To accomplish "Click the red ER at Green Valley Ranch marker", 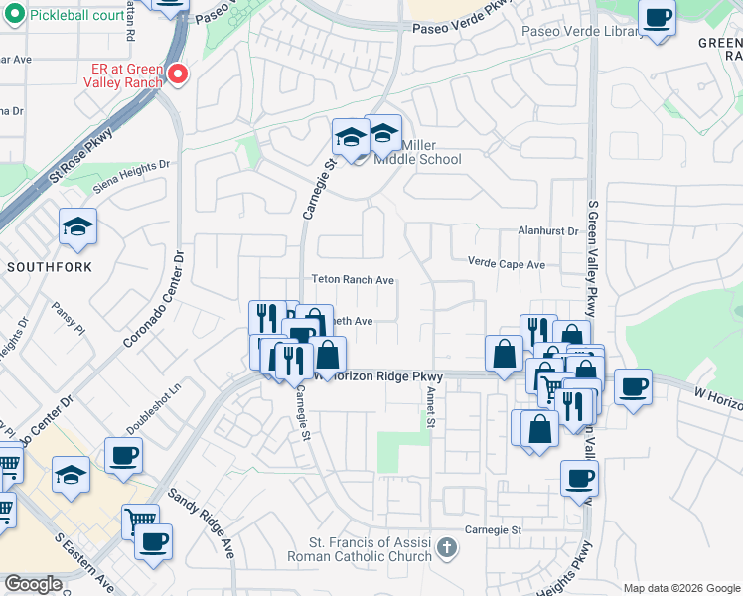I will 178,74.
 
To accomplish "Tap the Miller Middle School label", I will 417,159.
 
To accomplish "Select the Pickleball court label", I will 76,17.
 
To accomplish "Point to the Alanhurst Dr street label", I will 547,230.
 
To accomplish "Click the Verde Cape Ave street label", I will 507,264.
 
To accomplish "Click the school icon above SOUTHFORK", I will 77,227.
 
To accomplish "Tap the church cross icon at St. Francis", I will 447,547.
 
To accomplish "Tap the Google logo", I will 33,584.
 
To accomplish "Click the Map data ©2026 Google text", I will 680,588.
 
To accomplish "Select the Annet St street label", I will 432,407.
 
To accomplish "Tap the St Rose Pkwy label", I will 80,160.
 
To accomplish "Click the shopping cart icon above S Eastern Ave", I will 140,520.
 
